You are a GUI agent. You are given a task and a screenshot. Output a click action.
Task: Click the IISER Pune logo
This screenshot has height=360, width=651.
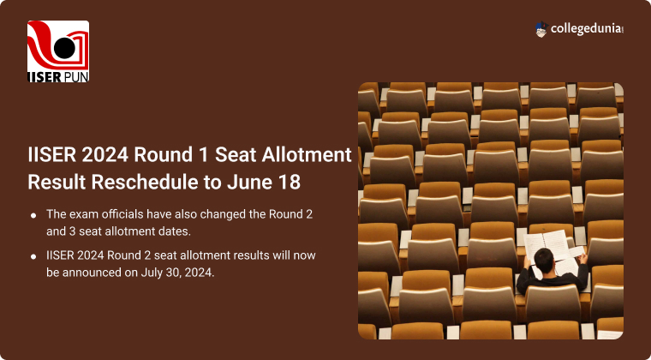click(58, 51)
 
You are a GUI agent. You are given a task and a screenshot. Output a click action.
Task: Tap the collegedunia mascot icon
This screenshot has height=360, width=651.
click(541, 29)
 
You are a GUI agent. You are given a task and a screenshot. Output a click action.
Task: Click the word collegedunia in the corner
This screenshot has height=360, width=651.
click(587, 29)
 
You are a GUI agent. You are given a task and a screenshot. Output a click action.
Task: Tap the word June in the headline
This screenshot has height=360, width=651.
click(250, 182)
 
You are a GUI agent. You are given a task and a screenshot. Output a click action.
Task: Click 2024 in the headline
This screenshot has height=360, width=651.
click(105, 155)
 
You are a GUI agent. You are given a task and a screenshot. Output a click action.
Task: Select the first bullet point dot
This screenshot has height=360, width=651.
click(33, 215)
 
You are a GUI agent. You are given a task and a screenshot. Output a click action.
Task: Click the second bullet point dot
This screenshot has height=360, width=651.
click(33, 256)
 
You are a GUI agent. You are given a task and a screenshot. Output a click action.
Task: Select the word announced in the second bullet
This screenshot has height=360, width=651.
click(90, 273)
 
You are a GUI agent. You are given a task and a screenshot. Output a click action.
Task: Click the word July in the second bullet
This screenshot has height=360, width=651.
click(149, 273)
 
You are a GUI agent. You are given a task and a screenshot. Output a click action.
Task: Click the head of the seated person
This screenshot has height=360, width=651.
click(544, 261)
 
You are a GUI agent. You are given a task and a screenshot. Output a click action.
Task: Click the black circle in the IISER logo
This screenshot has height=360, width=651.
click(64, 48)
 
